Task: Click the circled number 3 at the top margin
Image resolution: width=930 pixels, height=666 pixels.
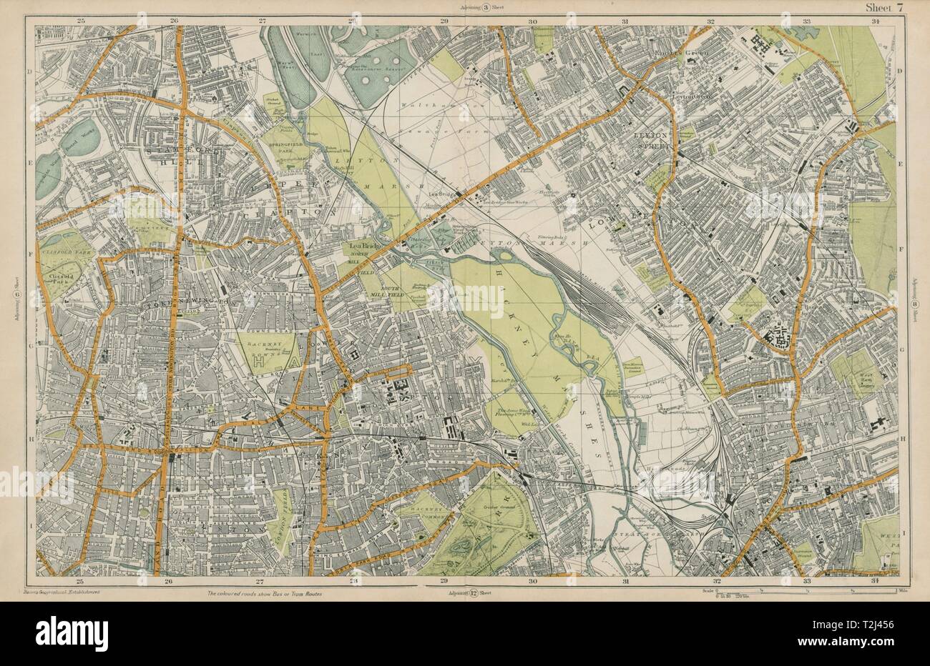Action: click(465, 9)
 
